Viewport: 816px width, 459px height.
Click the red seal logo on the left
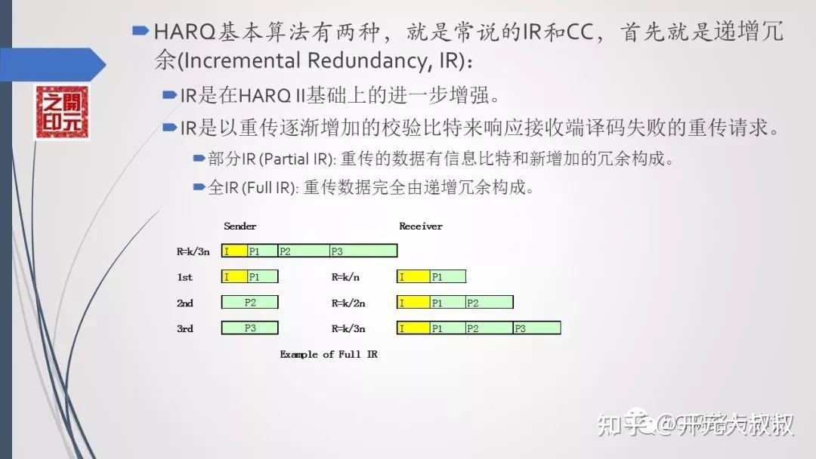tap(61, 112)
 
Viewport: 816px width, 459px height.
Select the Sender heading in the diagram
tap(240, 226)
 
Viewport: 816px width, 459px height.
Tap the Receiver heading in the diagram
tap(421, 226)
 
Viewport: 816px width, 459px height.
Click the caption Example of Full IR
tap(329, 354)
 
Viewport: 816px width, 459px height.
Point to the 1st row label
tap(185, 277)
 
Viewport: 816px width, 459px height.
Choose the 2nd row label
tap(185, 303)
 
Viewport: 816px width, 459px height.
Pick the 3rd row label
tap(185, 328)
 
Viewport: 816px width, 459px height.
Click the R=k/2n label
tap(348, 303)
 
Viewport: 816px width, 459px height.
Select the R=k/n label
tap(345, 277)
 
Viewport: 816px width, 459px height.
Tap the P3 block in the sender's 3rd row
tap(250, 328)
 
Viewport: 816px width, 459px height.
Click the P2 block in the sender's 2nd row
tap(250, 302)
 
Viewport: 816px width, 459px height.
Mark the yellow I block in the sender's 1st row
tap(234, 277)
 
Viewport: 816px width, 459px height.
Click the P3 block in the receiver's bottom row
tap(537, 328)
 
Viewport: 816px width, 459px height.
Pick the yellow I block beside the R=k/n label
tap(413, 277)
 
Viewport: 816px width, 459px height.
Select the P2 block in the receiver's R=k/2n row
tap(489, 303)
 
